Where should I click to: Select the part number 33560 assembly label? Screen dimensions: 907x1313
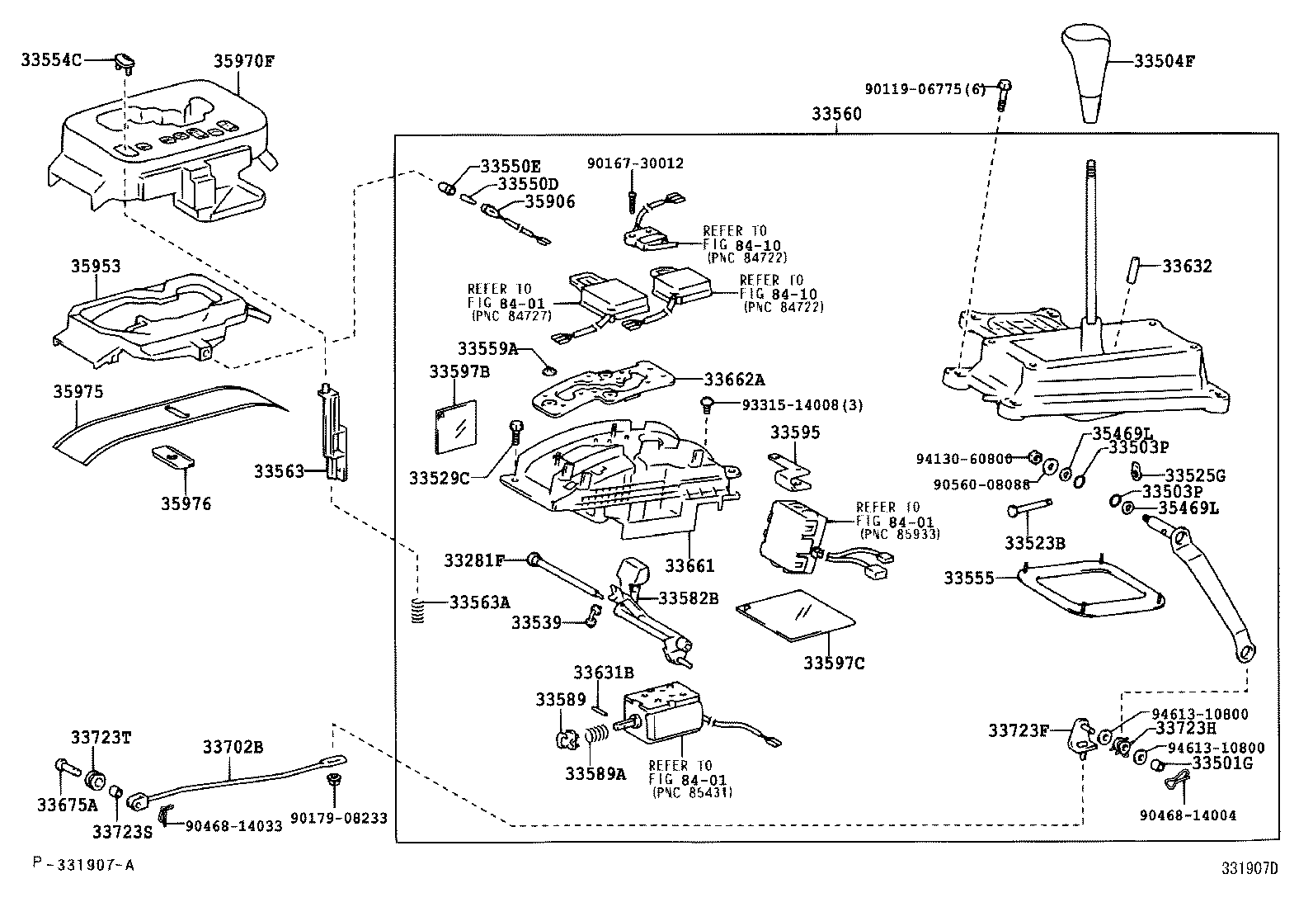pyautogui.click(x=835, y=114)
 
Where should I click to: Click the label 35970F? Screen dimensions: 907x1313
pyautogui.click(x=244, y=60)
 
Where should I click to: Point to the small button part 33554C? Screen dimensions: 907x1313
pyautogui.click(x=126, y=59)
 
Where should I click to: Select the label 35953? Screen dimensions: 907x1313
pyautogui.click(x=95, y=267)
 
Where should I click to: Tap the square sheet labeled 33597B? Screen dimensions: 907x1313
pyautogui.click(x=456, y=427)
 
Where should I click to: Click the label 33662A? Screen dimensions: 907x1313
pyautogui.click(x=734, y=380)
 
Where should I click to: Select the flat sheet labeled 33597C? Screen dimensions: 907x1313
pyautogui.click(x=794, y=616)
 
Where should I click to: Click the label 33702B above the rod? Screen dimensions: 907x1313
pyautogui.click(x=233, y=747)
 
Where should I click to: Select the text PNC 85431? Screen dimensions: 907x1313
pyautogui.click(x=691, y=792)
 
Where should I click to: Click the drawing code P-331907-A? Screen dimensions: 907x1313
pyautogui.click(x=82, y=864)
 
